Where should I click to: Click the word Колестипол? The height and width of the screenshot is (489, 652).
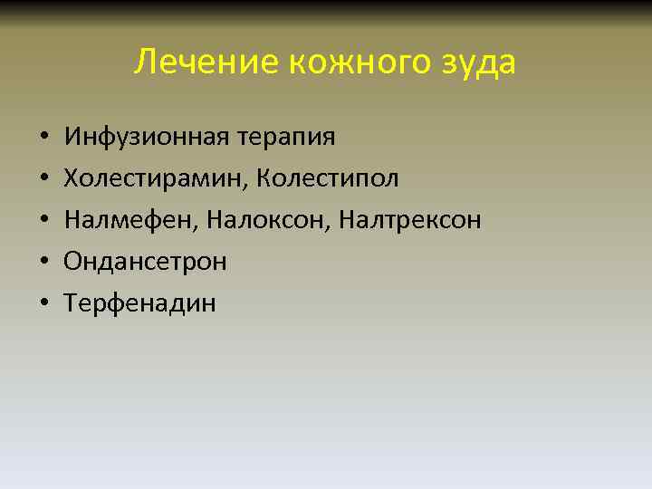(328, 178)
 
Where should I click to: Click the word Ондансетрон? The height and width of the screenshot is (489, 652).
(145, 262)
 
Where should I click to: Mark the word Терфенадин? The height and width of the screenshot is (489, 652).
(140, 303)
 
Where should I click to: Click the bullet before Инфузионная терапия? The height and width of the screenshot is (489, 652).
(43, 139)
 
